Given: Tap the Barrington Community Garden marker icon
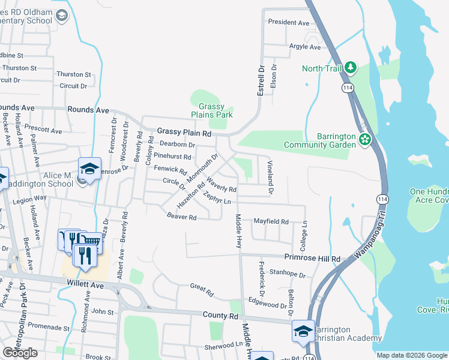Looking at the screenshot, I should point(364,140).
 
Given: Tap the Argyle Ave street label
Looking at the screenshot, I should point(305,46).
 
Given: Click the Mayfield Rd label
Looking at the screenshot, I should point(271,221).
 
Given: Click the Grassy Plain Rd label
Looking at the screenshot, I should point(184,132).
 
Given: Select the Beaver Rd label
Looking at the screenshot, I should point(182,216).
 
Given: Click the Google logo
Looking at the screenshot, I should point(20,353).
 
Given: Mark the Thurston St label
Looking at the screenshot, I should point(73,74).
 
